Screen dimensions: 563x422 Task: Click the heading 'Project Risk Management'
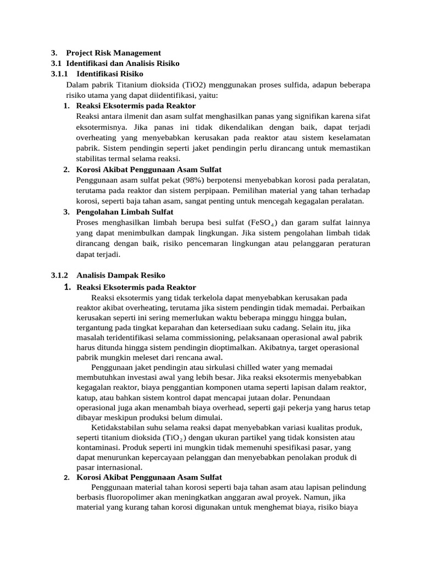[113, 53]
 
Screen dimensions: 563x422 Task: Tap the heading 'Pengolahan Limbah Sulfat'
[125, 212]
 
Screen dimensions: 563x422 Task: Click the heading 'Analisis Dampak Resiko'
[121, 275]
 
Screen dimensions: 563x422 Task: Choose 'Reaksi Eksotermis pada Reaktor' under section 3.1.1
[136, 106]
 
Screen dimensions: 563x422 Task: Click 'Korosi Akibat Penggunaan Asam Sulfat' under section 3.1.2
[149, 477]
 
